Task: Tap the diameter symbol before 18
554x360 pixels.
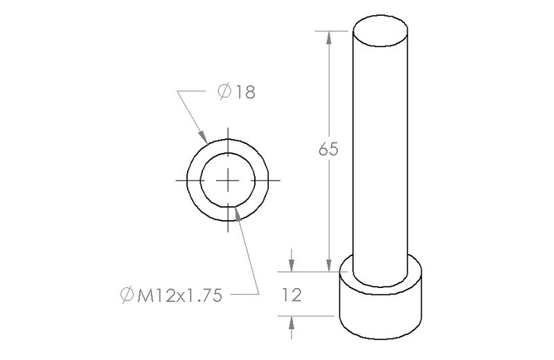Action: tap(224, 92)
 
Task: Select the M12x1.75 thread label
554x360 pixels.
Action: tap(179, 296)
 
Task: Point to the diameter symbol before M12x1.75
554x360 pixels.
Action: tap(127, 296)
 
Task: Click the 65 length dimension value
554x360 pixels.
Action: tap(328, 150)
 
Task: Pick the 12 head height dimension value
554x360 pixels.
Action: tap(292, 296)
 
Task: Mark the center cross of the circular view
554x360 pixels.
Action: tap(228, 180)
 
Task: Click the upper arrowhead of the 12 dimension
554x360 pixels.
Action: tap(292, 267)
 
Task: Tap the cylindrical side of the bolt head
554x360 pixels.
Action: tap(380, 312)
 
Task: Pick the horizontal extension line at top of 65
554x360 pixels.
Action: tap(332, 30)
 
